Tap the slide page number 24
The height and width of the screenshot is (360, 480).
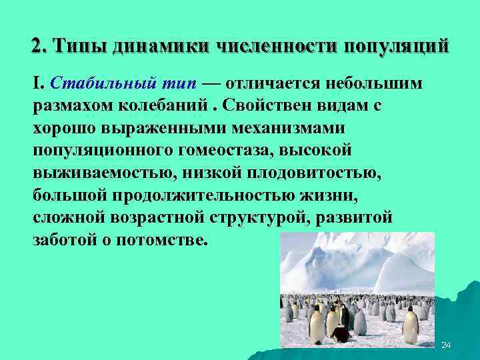point(447,345)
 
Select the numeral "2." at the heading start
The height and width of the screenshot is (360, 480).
point(39,46)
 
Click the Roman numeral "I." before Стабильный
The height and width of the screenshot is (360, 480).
point(39,84)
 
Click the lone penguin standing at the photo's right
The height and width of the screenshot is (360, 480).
point(411,325)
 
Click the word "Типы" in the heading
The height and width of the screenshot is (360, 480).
point(81,46)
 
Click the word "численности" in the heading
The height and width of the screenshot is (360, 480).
point(276,47)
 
